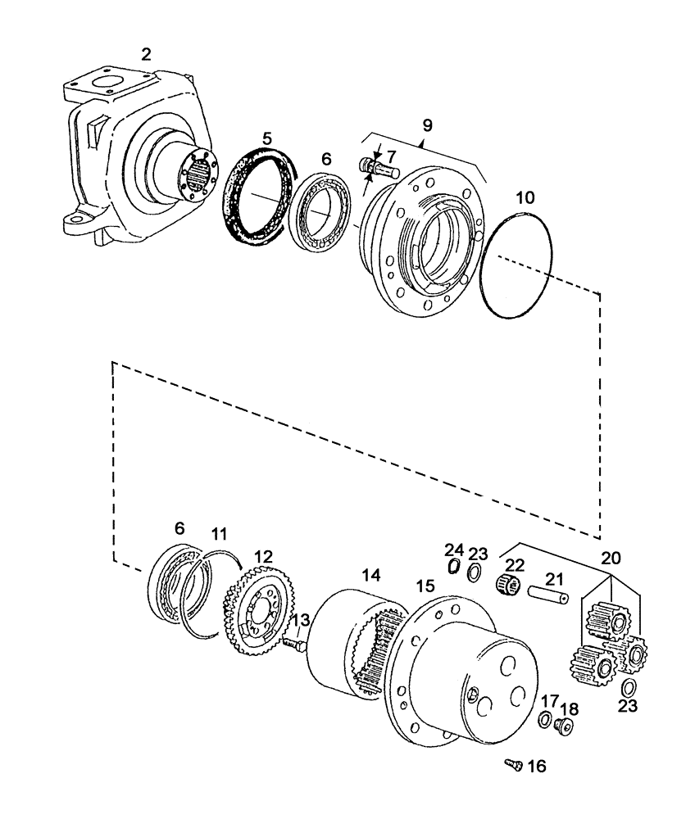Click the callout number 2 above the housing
pos(146,55)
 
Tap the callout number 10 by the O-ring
pos(525,197)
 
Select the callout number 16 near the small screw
pos(535,767)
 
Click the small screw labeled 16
pos(512,764)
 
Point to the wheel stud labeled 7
pos(379,169)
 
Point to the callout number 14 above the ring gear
pos(371,576)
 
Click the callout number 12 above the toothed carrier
pos(262,556)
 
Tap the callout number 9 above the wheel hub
pos(427,125)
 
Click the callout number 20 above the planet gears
pos(610,558)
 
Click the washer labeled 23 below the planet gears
pos(629,686)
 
